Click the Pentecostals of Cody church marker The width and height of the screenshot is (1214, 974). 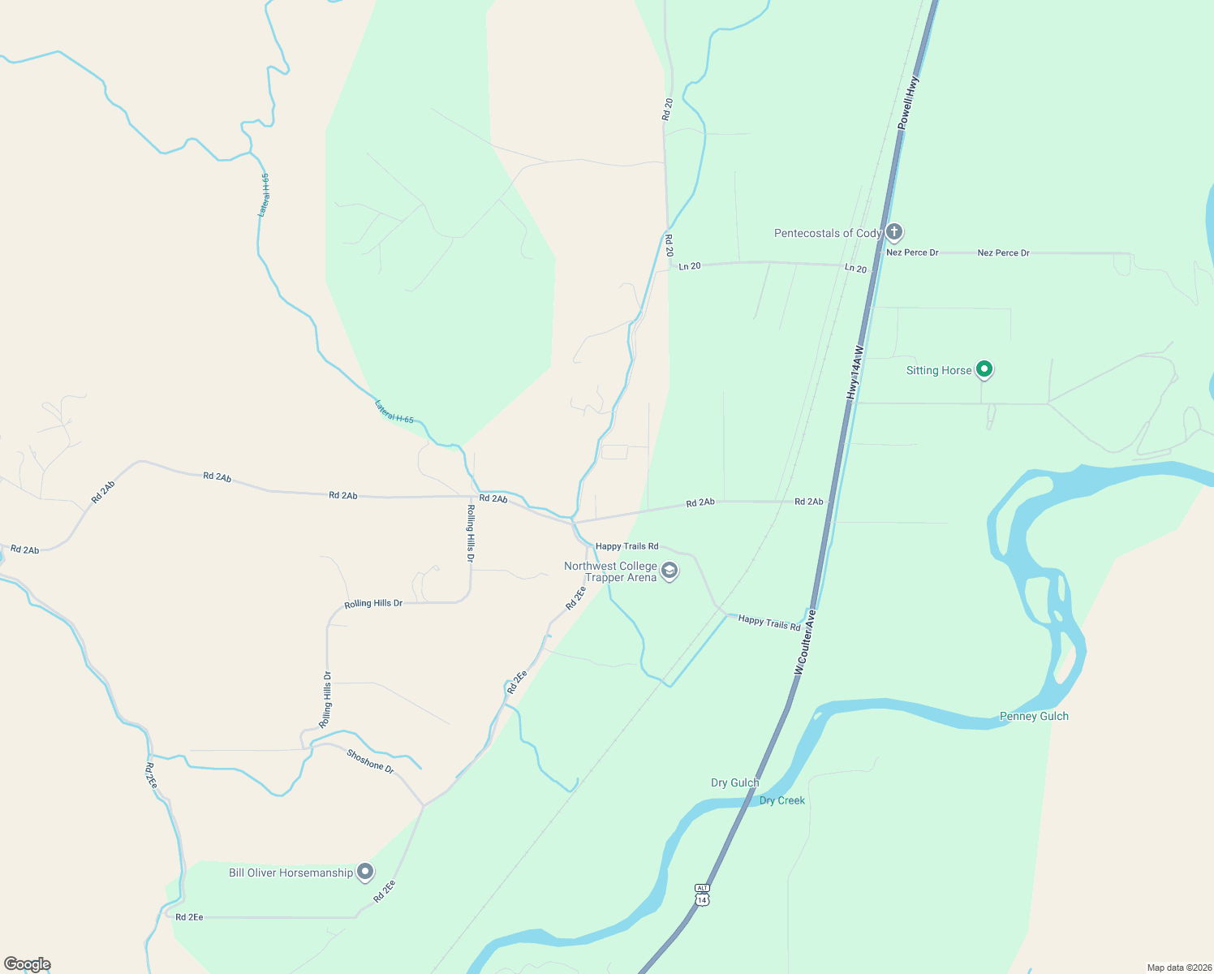[893, 233]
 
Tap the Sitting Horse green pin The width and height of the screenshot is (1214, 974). [984, 370]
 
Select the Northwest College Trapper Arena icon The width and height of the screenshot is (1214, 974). [669, 571]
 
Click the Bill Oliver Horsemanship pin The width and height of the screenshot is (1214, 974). [365, 873]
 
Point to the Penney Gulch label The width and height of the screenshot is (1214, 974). [1034, 716]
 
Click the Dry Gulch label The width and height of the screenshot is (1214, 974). [734, 782]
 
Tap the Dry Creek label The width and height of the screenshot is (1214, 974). [782, 800]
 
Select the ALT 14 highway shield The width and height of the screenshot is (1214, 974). [702, 894]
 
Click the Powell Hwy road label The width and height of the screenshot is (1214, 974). [908, 102]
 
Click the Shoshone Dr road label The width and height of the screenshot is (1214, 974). [370, 761]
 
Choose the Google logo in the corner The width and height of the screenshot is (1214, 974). [27, 964]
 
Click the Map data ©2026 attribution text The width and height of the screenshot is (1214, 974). [1177, 968]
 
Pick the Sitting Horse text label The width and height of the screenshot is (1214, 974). [939, 370]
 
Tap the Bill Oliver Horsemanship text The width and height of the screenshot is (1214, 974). [291, 873]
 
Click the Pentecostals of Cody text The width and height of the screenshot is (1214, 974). [827, 233]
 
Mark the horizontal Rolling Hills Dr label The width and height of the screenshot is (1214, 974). [373, 603]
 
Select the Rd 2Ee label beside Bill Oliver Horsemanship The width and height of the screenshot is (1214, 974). [385, 891]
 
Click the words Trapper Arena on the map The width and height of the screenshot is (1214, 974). [621, 578]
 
